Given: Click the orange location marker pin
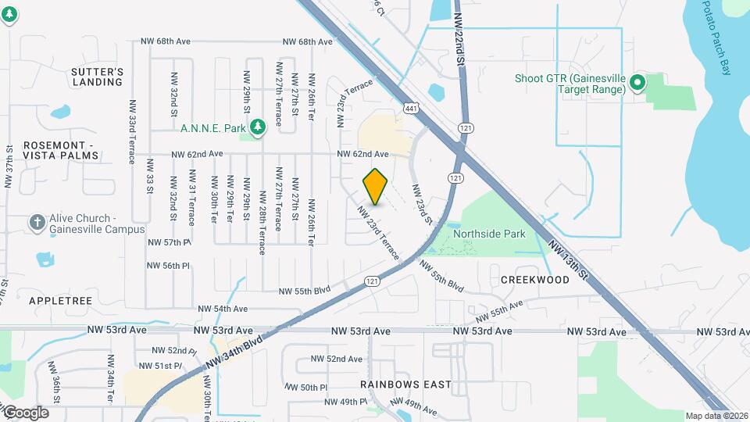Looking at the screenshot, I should (376, 187).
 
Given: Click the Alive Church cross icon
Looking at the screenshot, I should (36, 224).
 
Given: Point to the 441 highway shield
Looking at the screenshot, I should (409, 107).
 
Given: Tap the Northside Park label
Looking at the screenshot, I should (491, 234).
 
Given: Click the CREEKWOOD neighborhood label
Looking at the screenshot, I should (534, 280).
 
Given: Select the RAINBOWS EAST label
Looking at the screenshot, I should (405, 384).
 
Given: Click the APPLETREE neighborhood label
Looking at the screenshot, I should (60, 300).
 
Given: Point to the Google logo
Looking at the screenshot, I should (25, 413).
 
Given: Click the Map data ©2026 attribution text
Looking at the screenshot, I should (716, 416).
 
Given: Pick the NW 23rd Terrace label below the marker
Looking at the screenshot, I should (379, 233).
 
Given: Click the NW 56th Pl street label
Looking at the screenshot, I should (168, 266).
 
